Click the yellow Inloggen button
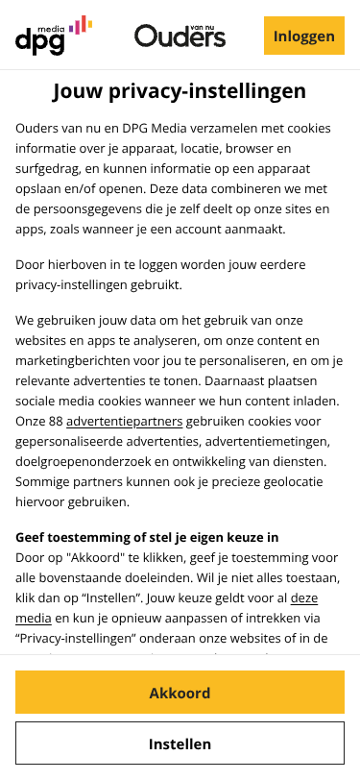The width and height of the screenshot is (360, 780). [303, 37]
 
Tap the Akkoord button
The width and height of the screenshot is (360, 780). [180, 693]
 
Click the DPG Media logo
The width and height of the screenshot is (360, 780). [53, 36]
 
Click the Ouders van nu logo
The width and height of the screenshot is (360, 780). [180, 37]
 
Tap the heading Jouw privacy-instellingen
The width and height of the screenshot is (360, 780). [180, 92]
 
